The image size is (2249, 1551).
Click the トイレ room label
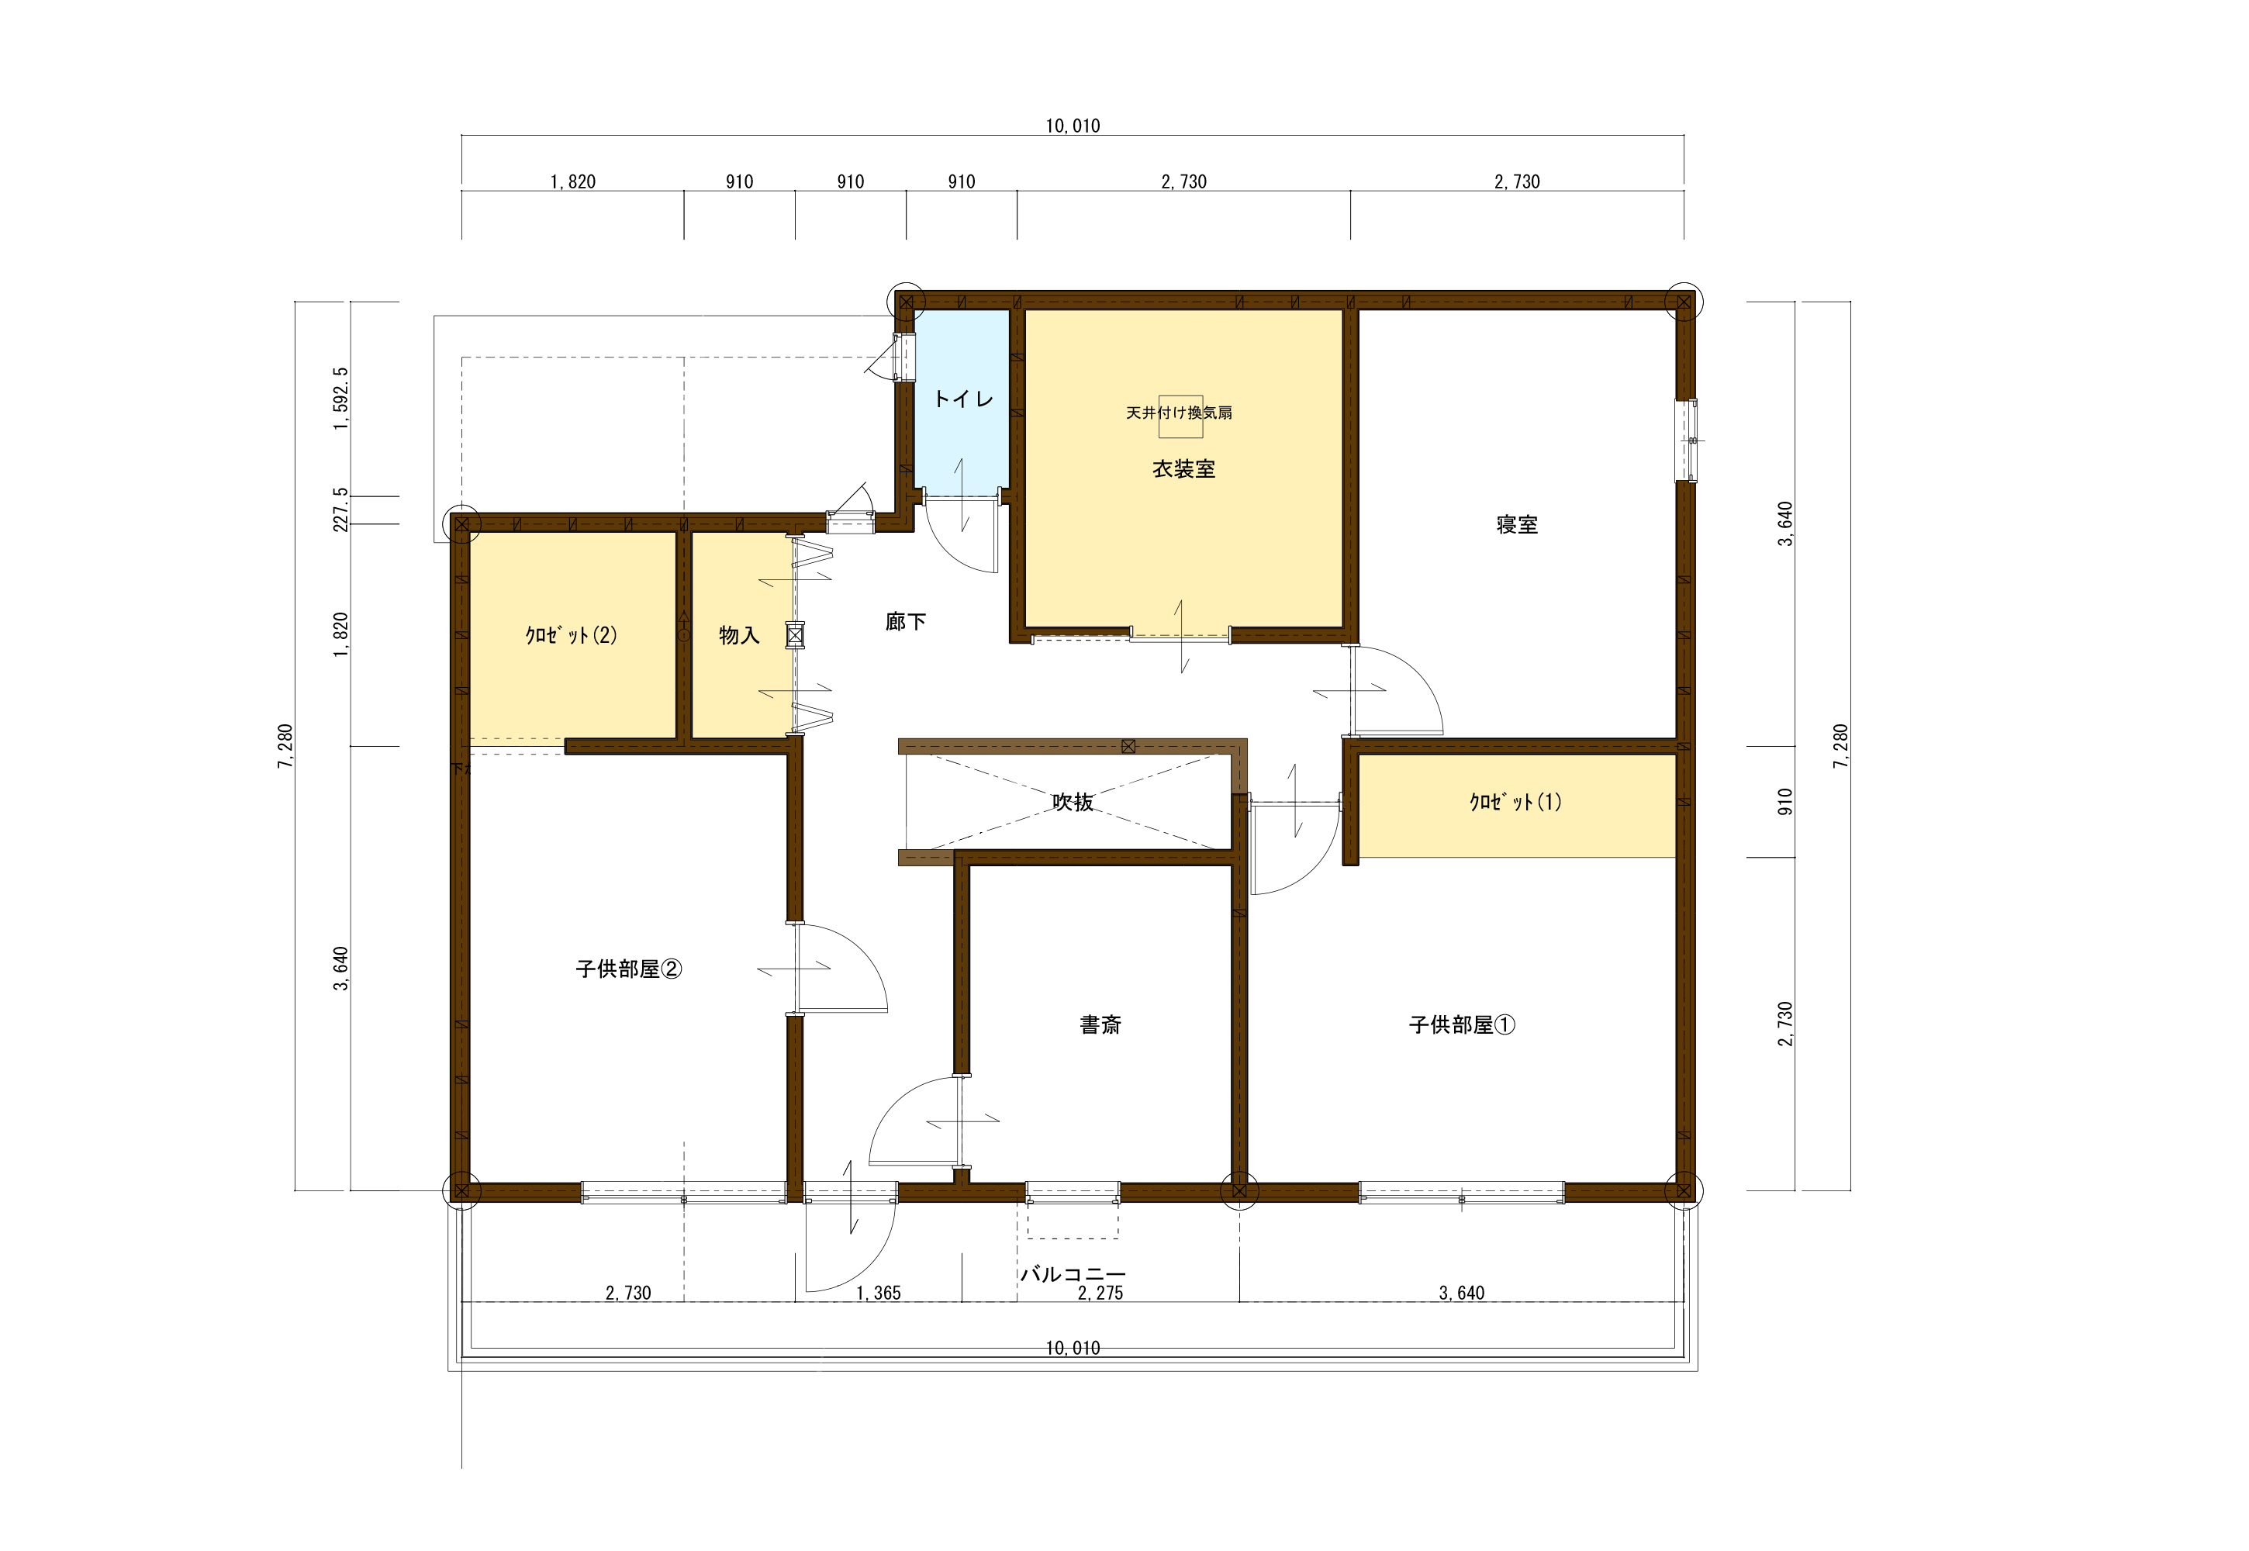tap(963, 399)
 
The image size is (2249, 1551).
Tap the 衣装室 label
tap(1183, 469)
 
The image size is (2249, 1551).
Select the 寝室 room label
tap(1517, 525)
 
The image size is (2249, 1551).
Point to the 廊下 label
tap(906, 622)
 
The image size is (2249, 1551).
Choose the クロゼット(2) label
tap(572, 636)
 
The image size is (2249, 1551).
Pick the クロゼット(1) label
tap(1515, 802)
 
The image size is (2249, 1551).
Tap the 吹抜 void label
tap(1073, 802)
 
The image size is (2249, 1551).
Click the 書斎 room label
tap(1100, 1024)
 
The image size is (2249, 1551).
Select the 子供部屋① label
tap(1462, 1024)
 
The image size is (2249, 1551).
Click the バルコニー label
tap(1073, 1274)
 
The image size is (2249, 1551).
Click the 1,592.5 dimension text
tap(340, 399)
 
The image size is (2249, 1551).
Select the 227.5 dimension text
tap(340, 510)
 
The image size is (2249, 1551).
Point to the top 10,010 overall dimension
tap(1073, 126)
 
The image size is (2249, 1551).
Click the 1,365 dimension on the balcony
tap(879, 1294)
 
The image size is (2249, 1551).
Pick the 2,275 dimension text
tap(1100, 1294)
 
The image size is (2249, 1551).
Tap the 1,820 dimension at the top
tap(572, 181)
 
